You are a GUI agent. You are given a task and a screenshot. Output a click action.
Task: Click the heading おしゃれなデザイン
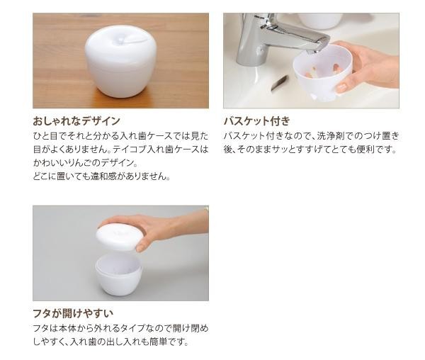click(76, 121)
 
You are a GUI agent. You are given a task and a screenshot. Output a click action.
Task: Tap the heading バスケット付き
click(256, 121)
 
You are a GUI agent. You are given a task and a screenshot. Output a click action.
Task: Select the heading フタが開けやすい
click(73, 313)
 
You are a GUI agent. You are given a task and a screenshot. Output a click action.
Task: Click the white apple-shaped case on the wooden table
click(120, 61)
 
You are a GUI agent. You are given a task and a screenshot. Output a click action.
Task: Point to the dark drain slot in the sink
click(280, 83)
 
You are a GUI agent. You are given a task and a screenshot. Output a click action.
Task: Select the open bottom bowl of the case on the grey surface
click(119, 274)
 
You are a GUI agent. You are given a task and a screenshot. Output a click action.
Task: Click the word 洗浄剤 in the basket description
click(330, 136)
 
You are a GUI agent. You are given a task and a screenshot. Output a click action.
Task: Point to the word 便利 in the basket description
click(365, 150)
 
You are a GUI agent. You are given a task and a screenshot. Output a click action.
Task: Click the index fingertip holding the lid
click(140, 247)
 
